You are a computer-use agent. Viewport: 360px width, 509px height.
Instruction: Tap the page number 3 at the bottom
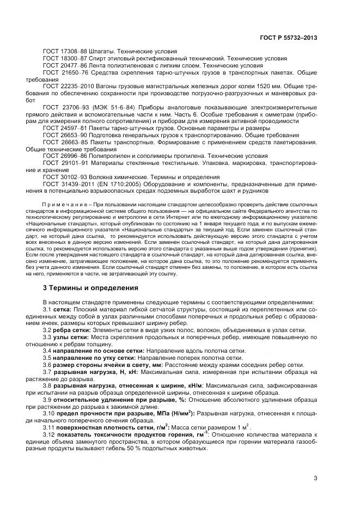[315, 479]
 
